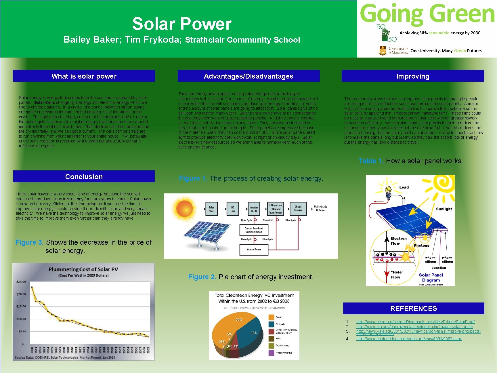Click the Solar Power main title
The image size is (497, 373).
(182, 24)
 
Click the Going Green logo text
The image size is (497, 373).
(427, 14)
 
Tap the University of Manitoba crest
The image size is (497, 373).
(383, 50)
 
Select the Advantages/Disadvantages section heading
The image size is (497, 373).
(248, 76)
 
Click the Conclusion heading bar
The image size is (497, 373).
(84, 176)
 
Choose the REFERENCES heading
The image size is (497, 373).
(413, 308)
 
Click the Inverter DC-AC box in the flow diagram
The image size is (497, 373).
(254, 209)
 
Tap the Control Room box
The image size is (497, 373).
(254, 250)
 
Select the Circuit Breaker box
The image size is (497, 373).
(298, 208)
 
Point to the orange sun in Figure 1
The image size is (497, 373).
(184, 208)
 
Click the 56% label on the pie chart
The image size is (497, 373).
(239, 319)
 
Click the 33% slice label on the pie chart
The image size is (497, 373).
(254, 333)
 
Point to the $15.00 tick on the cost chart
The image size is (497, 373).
(21, 306)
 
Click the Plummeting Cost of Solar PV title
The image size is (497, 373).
(83, 269)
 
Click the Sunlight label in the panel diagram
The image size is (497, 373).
(444, 209)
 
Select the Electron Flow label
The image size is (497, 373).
(398, 241)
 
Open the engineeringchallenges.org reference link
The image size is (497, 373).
(409, 339)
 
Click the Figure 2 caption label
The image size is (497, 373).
(202, 277)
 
